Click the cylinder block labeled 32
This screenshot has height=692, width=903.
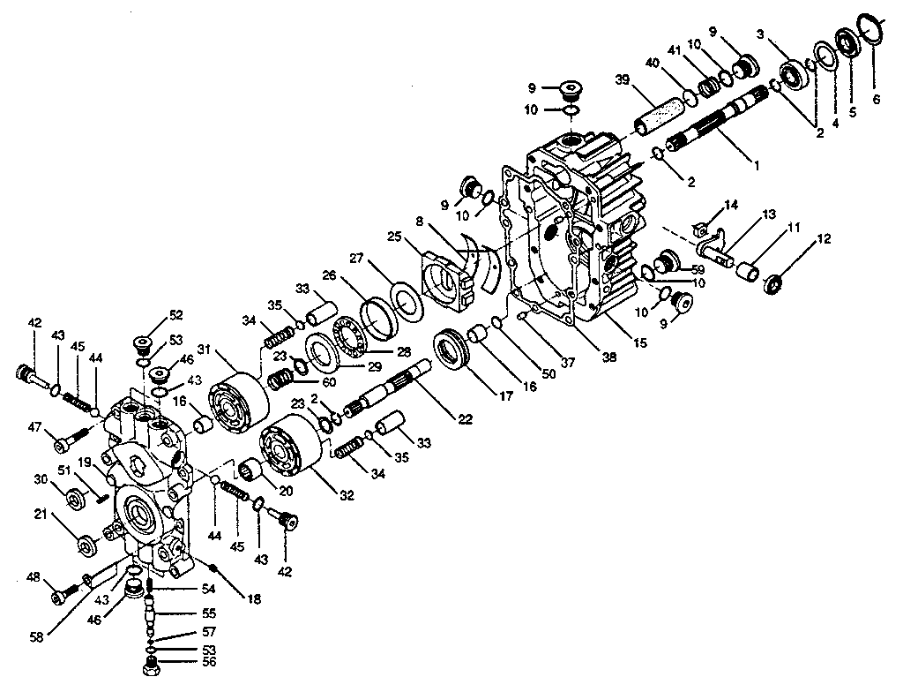point(290,455)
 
